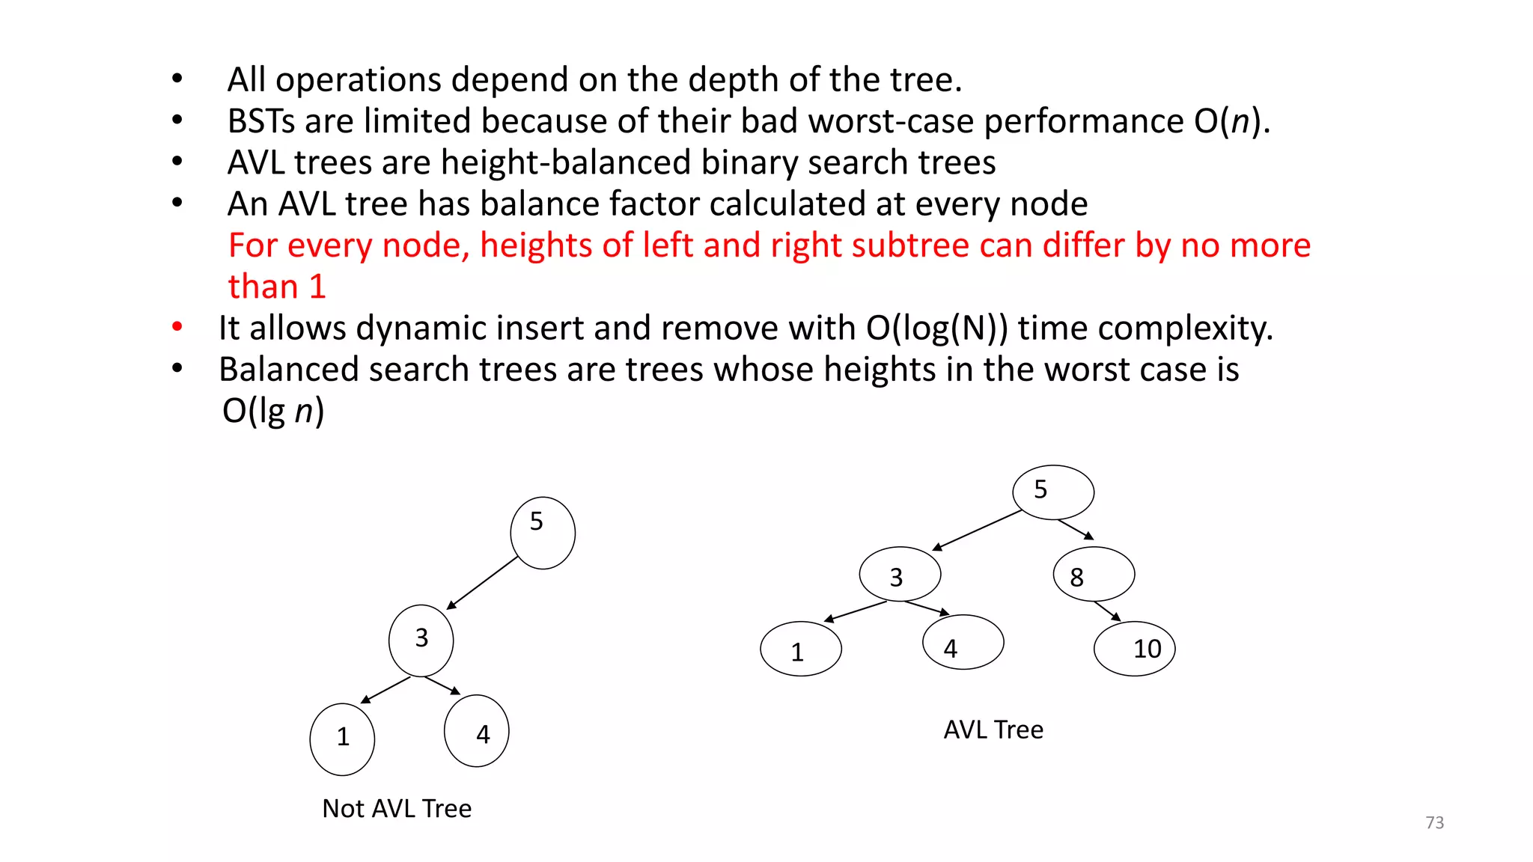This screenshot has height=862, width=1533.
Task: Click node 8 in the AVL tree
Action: pyautogui.click(x=1094, y=574)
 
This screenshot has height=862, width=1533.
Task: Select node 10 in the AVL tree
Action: pyautogui.click(x=1134, y=649)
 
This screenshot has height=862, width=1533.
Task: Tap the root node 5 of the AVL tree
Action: pyautogui.click(x=1053, y=492)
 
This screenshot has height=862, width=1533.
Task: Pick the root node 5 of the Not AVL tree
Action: pyautogui.click(x=543, y=533)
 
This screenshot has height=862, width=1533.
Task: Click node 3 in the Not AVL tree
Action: pyautogui.click(x=421, y=641)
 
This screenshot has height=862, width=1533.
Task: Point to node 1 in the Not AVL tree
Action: pyautogui.click(x=342, y=739)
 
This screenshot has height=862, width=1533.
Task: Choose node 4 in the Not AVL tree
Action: pyautogui.click(x=477, y=731)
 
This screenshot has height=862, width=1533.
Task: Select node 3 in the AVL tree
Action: pyautogui.click(x=900, y=574)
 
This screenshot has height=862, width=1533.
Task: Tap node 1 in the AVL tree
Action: pyautogui.click(x=800, y=649)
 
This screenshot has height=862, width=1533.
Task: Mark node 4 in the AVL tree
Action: pyautogui.click(x=963, y=642)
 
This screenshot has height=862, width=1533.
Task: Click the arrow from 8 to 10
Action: pyautogui.click(x=1107, y=611)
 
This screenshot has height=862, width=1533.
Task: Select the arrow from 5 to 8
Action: pyautogui.click(x=1076, y=529)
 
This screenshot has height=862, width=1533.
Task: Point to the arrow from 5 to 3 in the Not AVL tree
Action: pyautogui.click(x=483, y=582)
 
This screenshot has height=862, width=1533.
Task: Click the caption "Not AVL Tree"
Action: pyautogui.click(x=397, y=808)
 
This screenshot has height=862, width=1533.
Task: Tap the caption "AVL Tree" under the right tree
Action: pyautogui.click(x=993, y=730)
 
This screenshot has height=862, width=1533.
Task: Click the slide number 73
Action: pyautogui.click(x=1434, y=822)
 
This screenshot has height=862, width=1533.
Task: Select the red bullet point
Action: pyautogui.click(x=177, y=326)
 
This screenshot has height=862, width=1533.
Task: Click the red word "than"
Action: pyautogui.click(x=263, y=287)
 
